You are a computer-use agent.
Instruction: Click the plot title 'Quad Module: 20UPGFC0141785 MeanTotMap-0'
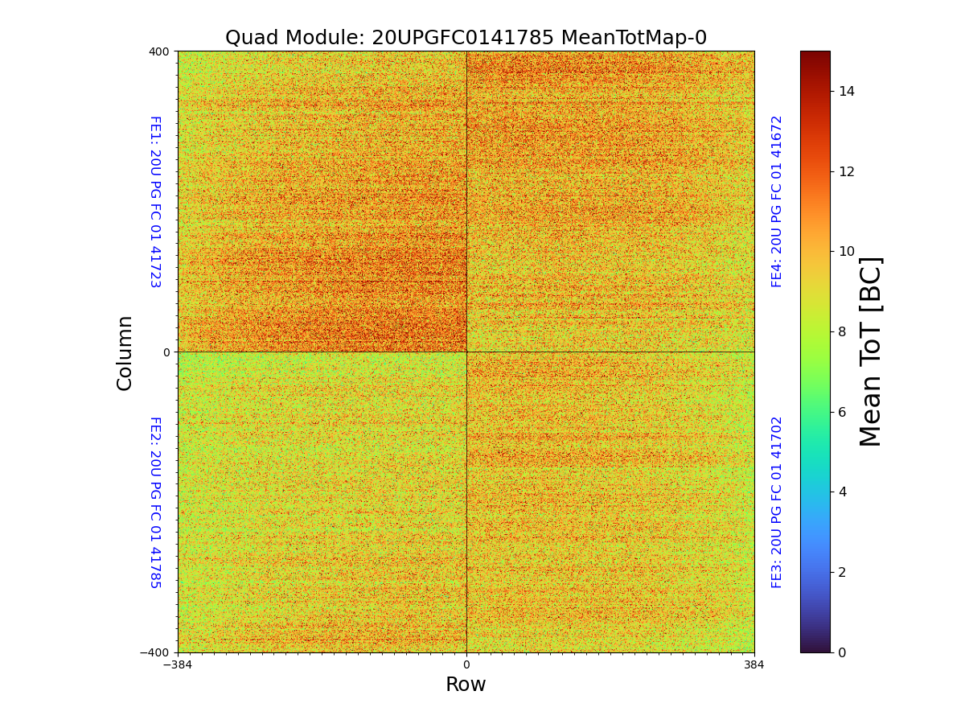(466, 38)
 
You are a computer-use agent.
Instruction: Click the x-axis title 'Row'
(466, 685)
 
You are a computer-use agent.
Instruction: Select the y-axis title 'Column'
(125, 352)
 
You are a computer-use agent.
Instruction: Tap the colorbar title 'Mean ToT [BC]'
(871, 352)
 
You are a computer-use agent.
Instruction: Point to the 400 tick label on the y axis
(158, 51)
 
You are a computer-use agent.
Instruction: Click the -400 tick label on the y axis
(155, 652)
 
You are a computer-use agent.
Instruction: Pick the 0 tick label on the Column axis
(166, 352)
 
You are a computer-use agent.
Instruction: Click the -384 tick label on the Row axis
(178, 665)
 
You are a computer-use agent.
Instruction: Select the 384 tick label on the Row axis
(754, 665)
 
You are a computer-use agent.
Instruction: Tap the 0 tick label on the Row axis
(466, 665)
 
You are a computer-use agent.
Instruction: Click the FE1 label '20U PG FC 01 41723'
(154, 202)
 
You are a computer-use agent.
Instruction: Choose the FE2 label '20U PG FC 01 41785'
(154, 502)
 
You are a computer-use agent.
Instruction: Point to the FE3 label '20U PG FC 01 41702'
(777, 502)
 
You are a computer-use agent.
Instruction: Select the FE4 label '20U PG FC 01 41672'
(777, 201)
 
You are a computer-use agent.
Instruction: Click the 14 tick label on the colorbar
(847, 91)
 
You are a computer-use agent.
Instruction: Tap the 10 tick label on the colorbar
(847, 251)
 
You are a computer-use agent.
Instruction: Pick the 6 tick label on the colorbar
(843, 412)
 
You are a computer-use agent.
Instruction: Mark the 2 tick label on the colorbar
(843, 572)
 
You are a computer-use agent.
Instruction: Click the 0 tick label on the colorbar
(843, 652)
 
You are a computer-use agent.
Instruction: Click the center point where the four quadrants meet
(466, 352)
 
